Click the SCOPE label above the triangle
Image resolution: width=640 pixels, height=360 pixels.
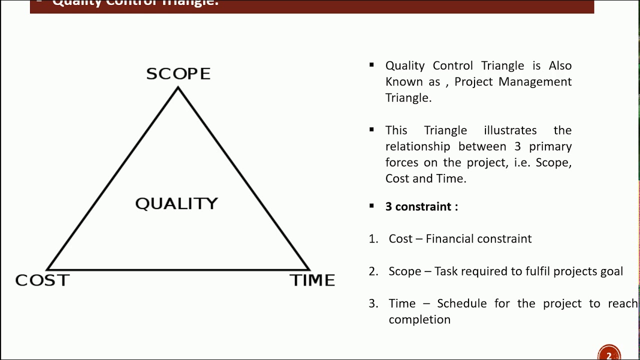(178, 74)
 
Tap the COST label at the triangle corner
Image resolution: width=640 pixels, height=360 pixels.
(42, 280)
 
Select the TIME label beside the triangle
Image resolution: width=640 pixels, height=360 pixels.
(312, 280)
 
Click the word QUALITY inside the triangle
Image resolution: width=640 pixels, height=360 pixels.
(176, 203)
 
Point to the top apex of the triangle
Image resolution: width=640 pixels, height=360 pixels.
(178, 88)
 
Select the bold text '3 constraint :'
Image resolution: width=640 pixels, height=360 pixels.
(421, 206)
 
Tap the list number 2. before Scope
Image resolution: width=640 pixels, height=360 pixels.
(373, 271)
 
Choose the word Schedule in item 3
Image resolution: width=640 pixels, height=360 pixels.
(461, 303)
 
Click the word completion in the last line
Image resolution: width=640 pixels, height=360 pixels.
(419, 319)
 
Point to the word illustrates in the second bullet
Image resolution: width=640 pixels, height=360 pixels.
(510, 130)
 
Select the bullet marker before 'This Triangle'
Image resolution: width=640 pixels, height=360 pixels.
(371, 129)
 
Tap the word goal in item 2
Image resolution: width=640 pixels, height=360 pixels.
(611, 271)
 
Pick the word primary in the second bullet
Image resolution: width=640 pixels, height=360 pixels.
(550, 146)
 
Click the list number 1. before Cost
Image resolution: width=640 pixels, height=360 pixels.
(373, 239)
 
